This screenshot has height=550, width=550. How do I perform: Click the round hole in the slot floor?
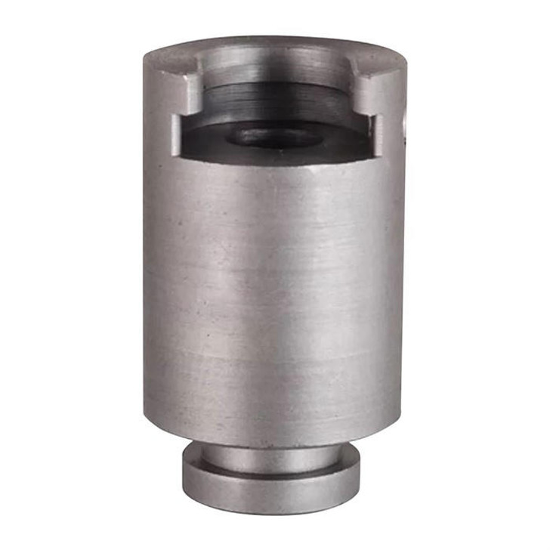276,136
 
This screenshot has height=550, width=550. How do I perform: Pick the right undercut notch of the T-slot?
374,128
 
